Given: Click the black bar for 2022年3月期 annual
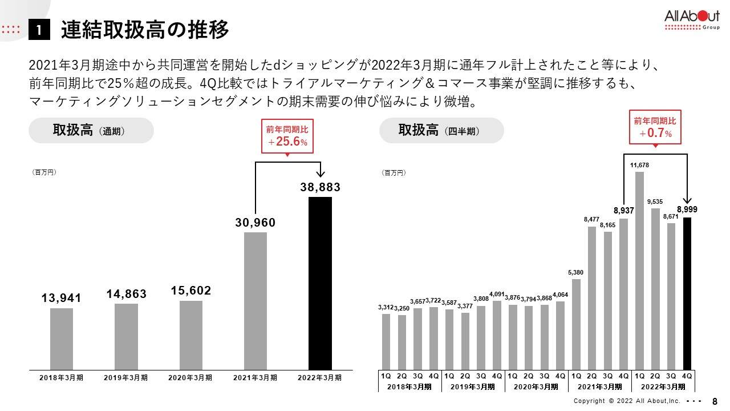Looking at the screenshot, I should click(x=320, y=283).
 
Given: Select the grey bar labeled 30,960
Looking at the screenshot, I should click(x=255, y=301).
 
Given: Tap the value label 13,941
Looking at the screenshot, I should click(x=62, y=298).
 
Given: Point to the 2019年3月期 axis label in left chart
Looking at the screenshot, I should click(x=126, y=377).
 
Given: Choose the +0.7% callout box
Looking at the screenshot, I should click(x=655, y=127).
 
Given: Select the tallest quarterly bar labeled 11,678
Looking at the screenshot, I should click(x=639, y=271).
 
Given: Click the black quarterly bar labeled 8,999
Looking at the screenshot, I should click(x=687, y=293).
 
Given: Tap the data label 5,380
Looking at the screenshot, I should click(x=576, y=272).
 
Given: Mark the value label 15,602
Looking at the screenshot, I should click(x=191, y=291).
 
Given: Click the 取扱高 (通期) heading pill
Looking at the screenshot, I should click(x=91, y=131).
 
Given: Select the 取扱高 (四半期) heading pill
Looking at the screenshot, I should click(x=441, y=131).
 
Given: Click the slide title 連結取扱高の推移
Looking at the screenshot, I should click(x=145, y=30).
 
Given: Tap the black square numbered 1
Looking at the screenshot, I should click(x=39, y=31).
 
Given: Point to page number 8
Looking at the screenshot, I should click(x=715, y=401).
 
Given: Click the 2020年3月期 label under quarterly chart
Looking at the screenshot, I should click(x=536, y=386).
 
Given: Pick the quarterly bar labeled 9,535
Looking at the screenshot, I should click(x=655, y=289).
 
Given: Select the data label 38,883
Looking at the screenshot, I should click(x=320, y=187).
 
